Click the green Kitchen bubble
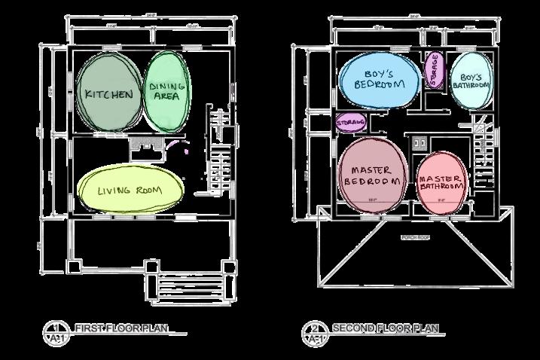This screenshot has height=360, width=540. coord(109,94)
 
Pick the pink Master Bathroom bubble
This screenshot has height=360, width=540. coord(441,181)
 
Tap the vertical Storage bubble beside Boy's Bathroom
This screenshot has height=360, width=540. coord(433,70)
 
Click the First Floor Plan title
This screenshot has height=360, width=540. coord(121,328)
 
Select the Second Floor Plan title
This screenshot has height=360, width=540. coord(384,328)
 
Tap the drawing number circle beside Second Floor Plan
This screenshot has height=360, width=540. coord(312,332)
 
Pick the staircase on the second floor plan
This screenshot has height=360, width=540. coord(484,151)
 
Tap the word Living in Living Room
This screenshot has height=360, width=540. coord(114,191)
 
